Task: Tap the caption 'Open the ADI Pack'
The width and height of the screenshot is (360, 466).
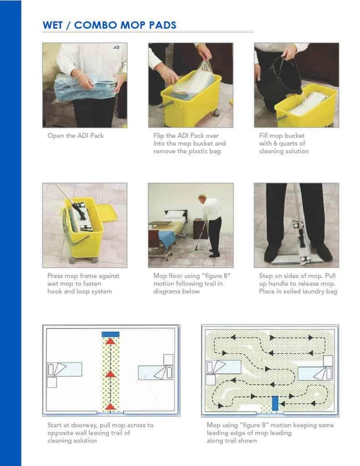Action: tap(76, 135)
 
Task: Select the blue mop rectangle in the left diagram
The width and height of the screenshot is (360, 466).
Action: tap(110, 334)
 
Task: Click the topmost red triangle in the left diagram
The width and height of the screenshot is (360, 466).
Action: tap(110, 341)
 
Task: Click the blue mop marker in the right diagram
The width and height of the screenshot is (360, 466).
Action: tap(275, 403)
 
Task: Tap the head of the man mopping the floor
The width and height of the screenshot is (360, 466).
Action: tap(203, 198)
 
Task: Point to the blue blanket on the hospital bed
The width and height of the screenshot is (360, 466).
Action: tap(167, 238)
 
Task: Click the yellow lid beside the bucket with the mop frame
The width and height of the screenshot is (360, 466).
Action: tap(107, 212)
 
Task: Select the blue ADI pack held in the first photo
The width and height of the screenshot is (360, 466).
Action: tap(85, 87)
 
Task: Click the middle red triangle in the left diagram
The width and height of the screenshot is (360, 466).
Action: tap(110, 373)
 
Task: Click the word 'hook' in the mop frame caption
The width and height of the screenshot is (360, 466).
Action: tap(55, 291)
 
